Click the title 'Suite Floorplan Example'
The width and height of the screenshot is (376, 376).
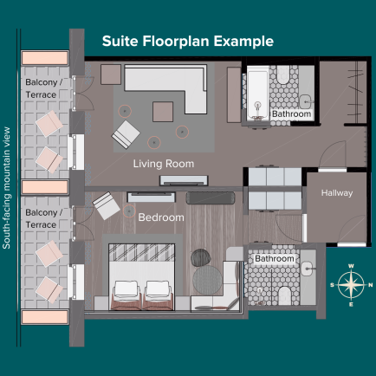point(188,42)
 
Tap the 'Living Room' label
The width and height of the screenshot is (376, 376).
point(164,164)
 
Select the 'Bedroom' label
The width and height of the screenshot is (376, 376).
point(161,217)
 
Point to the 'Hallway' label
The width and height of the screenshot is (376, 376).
point(337,192)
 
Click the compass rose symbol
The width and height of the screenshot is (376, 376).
point(351,285)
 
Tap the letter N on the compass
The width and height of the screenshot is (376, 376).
point(371,285)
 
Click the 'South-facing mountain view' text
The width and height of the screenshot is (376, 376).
point(6,188)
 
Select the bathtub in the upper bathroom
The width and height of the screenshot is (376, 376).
point(258,94)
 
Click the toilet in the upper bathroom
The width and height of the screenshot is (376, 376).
point(283,75)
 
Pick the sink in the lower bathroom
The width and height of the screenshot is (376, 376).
point(308,269)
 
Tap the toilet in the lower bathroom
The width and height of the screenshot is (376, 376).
point(284,295)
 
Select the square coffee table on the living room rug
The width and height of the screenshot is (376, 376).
point(163,112)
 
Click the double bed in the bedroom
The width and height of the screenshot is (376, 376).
point(142,277)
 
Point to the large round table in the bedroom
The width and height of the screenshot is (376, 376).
point(207,280)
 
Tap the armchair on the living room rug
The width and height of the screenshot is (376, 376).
point(126,134)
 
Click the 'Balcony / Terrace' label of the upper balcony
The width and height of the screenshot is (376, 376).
point(43,88)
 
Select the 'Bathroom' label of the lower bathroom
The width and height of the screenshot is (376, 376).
point(275,258)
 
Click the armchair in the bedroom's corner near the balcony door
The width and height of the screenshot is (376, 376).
point(106,205)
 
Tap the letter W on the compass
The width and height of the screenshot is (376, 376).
point(351,266)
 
